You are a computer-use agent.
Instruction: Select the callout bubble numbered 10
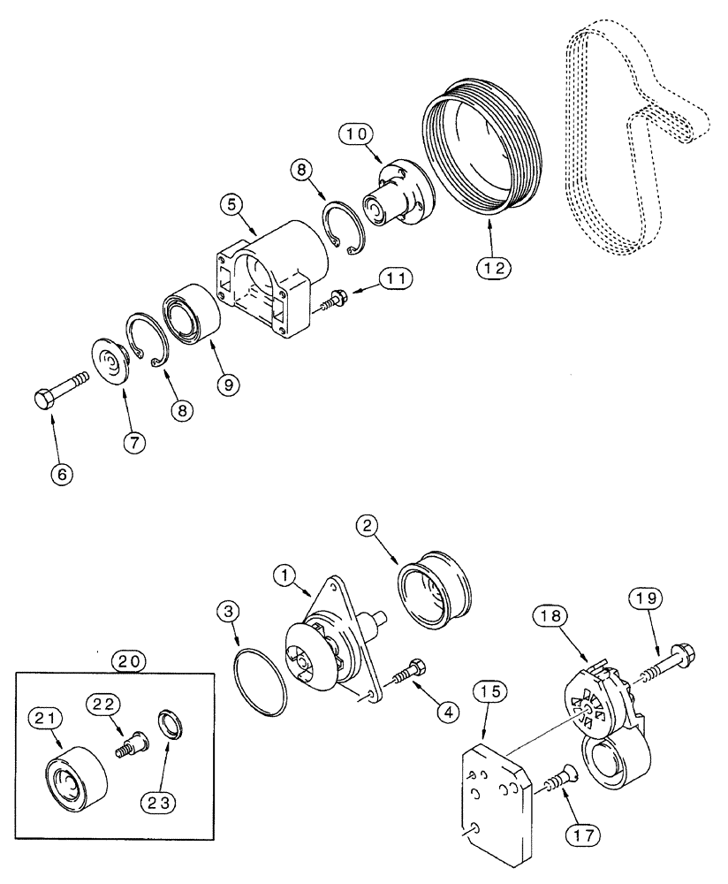pos(358,135)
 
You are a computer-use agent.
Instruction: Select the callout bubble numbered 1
pos(287,575)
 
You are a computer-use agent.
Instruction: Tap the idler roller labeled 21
pos(72,777)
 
